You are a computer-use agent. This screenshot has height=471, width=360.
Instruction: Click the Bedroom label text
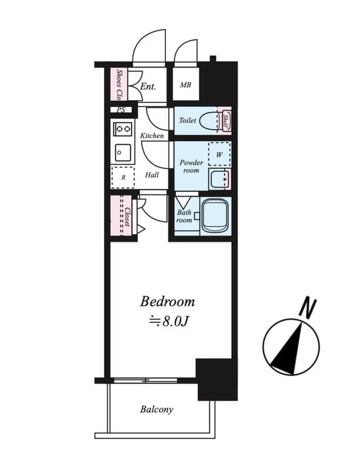click(167, 302)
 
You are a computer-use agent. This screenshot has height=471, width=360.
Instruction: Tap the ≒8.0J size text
click(167, 321)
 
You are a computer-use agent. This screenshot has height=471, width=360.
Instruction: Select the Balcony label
click(156, 409)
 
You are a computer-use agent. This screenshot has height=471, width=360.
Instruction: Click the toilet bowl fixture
click(207, 120)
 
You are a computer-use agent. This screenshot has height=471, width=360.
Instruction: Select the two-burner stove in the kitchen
click(122, 128)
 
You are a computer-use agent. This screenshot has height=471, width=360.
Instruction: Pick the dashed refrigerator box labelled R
click(123, 177)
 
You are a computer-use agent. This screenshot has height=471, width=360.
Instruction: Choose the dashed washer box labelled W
click(219, 154)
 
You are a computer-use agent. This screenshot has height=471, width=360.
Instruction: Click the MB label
click(185, 85)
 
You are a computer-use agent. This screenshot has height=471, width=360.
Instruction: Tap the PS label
click(121, 110)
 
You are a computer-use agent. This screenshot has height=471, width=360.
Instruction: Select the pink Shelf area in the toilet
click(225, 121)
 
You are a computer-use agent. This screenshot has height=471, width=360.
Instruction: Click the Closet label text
click(126, 216)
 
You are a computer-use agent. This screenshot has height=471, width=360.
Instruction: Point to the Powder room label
click(191, 167)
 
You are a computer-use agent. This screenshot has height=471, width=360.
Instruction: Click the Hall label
click(152, 175)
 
